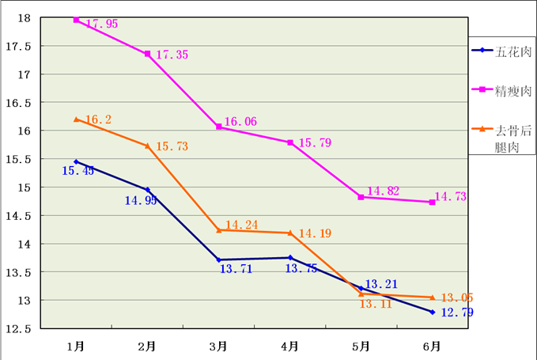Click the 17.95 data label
coord(102,25)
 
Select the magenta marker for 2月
coord(148,54)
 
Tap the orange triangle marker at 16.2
coord(77,119)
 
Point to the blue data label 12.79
coord(457,313)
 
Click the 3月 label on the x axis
coord(219,346)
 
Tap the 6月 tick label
coord(433,346)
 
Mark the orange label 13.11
coord(376,304)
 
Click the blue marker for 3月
coord(219,260)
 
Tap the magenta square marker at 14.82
coord(361,197)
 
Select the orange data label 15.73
coord(172,146)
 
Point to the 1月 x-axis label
coord(77,346)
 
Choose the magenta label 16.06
coord(240,122)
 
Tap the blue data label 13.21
coord(380,284)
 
